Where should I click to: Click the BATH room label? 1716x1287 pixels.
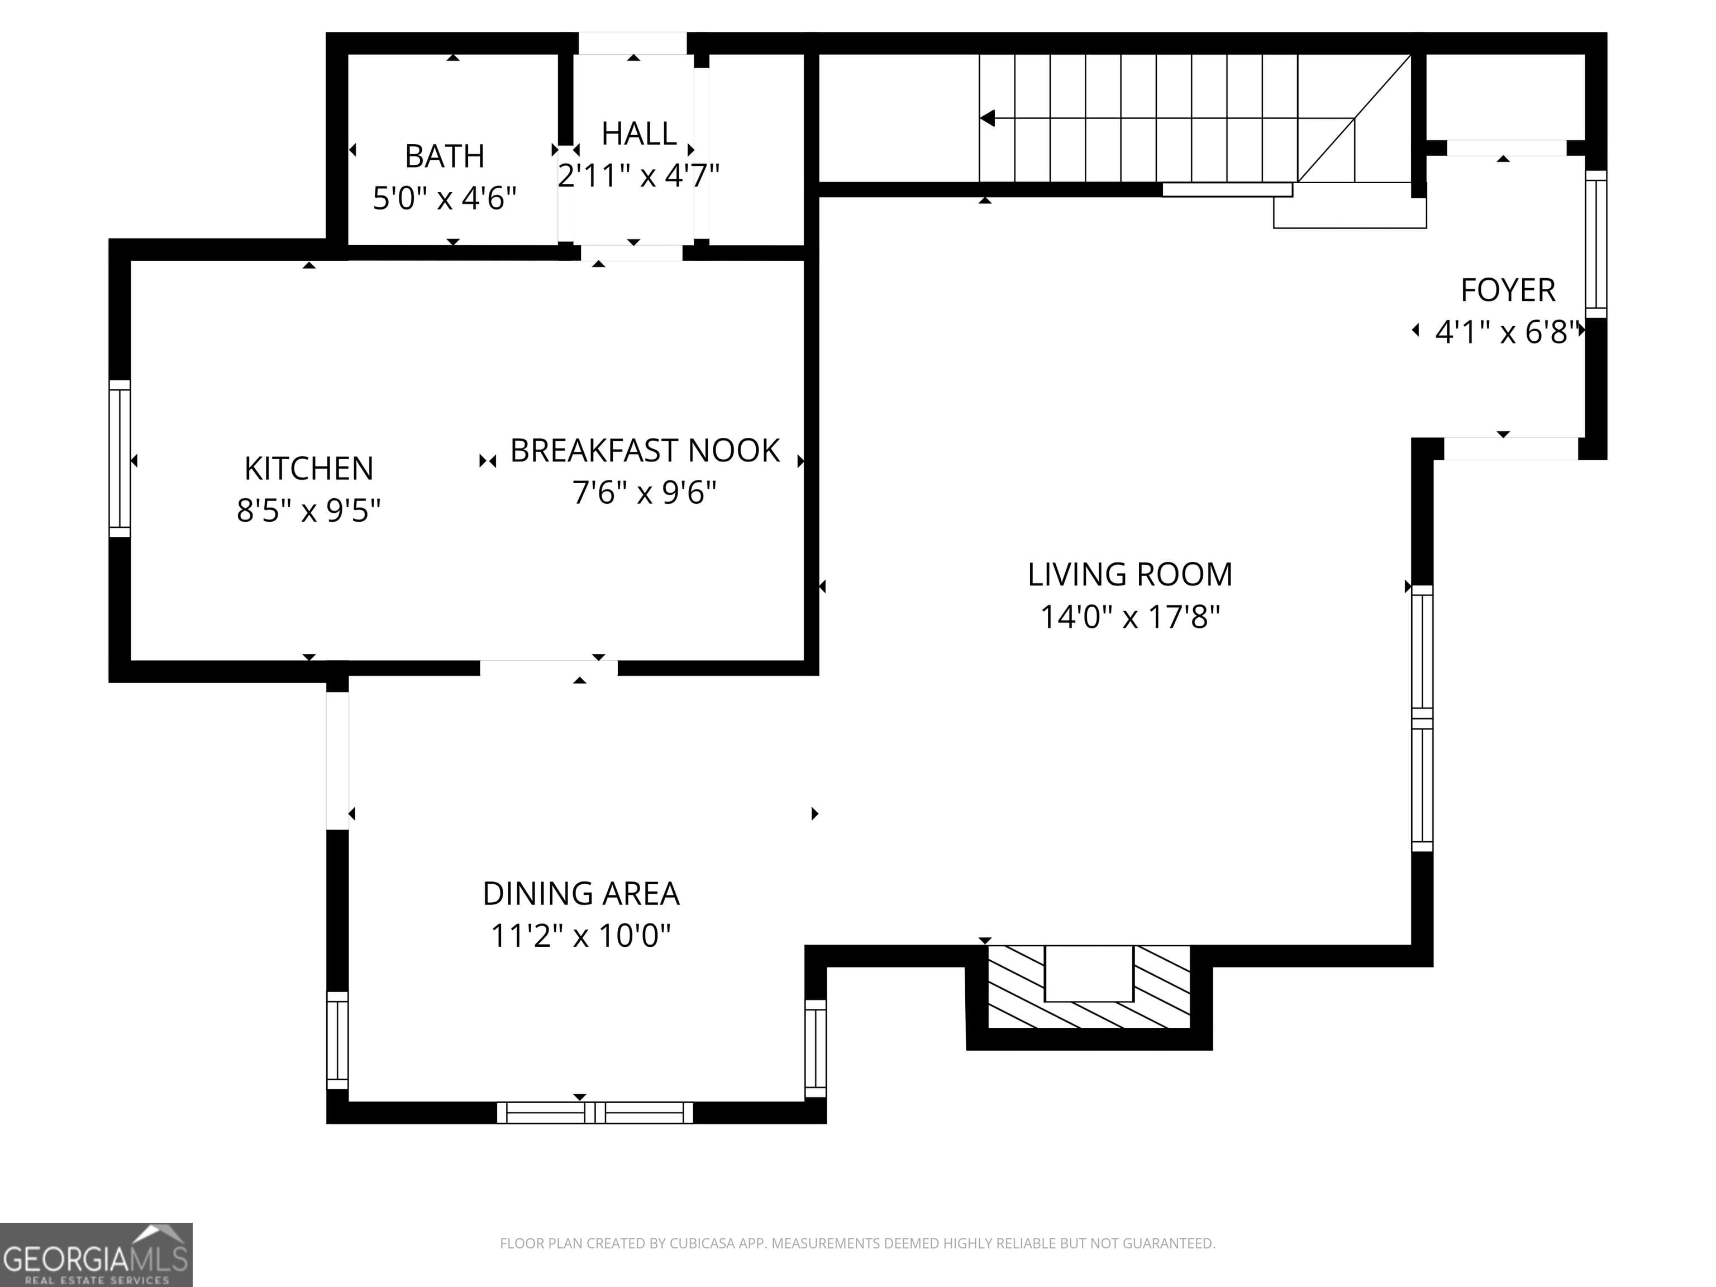(445, 157)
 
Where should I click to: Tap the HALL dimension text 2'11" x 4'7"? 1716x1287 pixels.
(638, 176)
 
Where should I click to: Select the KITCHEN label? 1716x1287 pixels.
(309, 469)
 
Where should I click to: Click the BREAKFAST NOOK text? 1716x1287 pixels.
(644, 451)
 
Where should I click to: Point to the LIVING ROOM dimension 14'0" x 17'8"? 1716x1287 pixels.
(1129, 617)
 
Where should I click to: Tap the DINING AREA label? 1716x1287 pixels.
(581, 894)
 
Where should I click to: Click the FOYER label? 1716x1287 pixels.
(1507, 290)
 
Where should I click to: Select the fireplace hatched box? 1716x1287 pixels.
(1088, 988)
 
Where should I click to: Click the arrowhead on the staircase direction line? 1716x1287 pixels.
(988, 118)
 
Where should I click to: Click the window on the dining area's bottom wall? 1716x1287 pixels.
(594, 1113)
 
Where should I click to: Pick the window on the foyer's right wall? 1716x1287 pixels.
(1596, 244)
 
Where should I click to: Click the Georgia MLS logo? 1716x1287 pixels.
(96, 1255)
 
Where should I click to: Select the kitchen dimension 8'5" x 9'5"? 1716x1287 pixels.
(309, 511)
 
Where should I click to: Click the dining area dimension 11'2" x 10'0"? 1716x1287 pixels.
(581, 936)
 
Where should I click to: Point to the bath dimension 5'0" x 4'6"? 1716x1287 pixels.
(445, 199)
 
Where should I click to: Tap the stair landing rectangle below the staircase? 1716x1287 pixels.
(1350, 212)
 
